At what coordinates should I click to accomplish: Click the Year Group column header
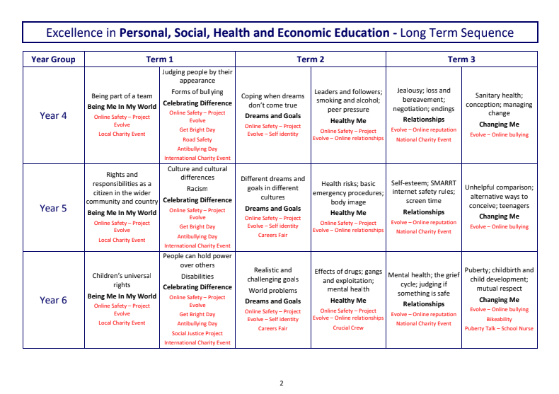(x=53, y=59)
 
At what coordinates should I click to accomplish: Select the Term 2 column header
(x=311, y=59)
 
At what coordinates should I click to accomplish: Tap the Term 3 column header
(x=461, y=59)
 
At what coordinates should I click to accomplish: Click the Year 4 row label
(x=53, y=115)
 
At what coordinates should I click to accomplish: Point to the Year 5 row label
(x=53, y=208)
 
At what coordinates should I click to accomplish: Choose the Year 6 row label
(x=53, y=300)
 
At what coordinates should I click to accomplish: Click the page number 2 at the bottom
(x=281, y=383)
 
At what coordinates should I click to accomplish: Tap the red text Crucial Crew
(x=348, y=328)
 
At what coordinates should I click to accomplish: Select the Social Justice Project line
(x=197, y=333)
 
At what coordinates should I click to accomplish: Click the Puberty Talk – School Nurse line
(x=499, y=328)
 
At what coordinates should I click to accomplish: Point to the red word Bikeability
(x=499, y=319)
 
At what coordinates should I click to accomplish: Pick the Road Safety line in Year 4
(x=197, y=140)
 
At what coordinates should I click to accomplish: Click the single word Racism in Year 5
(x=197, y=189)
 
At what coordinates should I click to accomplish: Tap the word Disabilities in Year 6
(x=197, y=277)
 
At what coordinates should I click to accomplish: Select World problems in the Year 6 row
(x=272, y=290)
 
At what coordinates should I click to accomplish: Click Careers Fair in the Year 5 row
(x=272, y=235)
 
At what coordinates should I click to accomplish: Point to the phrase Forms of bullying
(x=197, y=91)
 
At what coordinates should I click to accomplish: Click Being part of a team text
(x=122, y=95)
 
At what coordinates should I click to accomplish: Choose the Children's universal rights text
(x=122, y=280)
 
